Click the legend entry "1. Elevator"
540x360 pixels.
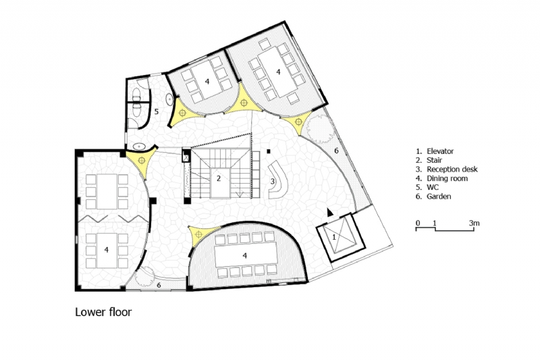click(438, 152)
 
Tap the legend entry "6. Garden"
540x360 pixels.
click(437, 196)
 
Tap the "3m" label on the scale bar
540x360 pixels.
click(475, 222)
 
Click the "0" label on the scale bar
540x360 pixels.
click(417, 222)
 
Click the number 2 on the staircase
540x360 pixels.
click(219, 178)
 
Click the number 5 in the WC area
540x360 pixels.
click(156, 112)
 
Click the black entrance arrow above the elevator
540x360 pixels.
click(329, 212)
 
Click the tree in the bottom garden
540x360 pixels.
click(144, 277)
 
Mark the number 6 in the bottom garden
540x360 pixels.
click(159, 286)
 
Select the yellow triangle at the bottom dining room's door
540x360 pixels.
click(197, 234)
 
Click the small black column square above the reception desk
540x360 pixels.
click(269, 151)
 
